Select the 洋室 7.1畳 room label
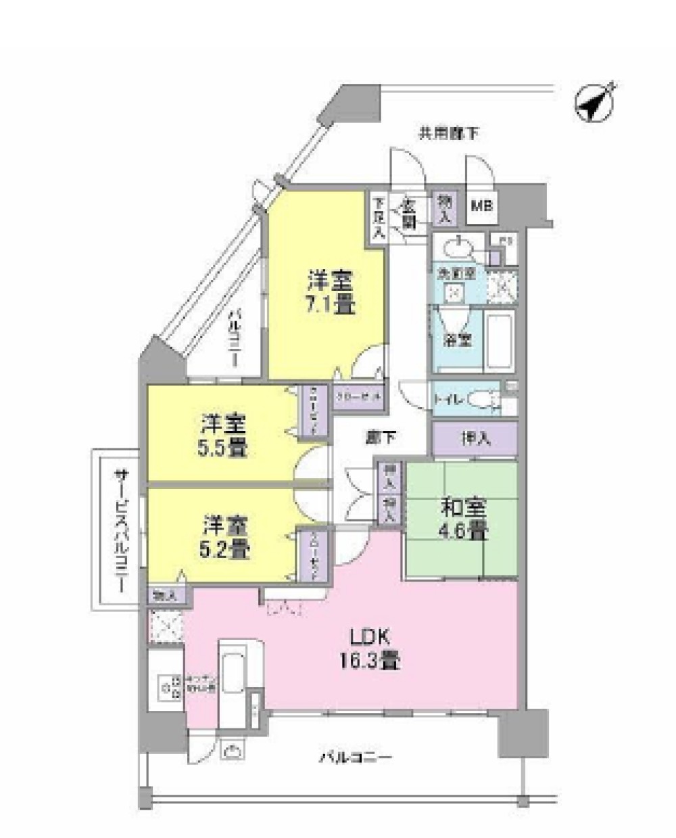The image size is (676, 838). click(331, 292)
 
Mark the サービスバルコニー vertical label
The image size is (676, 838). click(120, 530)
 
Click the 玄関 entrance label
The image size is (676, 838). click(410, 212)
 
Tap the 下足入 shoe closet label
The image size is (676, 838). click(378, 216)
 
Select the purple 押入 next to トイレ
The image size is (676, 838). click(475, 439)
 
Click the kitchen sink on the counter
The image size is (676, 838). click(232, 672)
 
